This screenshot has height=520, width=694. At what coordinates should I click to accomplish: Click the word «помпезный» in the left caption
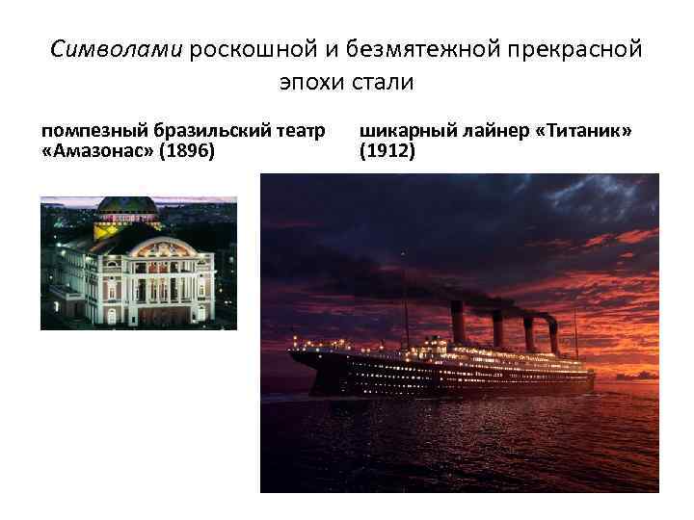[87, 130]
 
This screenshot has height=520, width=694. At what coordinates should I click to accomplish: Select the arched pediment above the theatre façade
[159, 245]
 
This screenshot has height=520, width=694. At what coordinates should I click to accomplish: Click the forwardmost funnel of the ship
[459, 323]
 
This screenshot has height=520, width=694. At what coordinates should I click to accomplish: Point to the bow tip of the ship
[292, 354]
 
